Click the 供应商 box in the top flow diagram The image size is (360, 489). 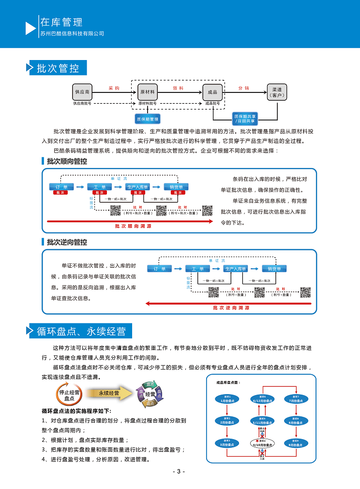82,91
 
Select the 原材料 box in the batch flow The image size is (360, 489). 148,91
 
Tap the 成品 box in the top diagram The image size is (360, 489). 212,91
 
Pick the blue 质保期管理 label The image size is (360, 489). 148,119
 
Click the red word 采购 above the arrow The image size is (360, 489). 114,88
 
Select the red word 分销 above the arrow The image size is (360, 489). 244,88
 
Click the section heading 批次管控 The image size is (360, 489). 58,68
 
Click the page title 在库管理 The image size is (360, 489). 61,22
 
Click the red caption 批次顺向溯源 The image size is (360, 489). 133,226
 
